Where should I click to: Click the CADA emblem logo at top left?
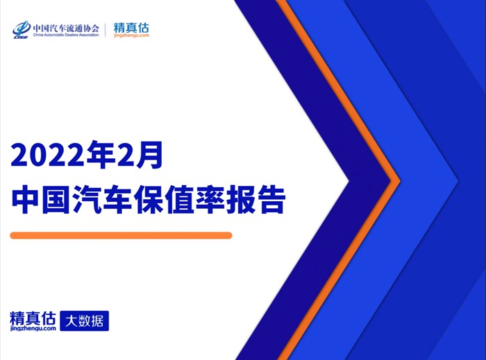(21, 30)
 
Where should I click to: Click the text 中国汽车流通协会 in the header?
(66, 28)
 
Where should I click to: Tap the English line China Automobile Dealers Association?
(66, 35)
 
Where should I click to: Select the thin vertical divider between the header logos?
(106, 30)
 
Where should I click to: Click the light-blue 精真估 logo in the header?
(131, 28)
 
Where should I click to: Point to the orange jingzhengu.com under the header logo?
(131, 35)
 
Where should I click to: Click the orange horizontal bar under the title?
(121, 235)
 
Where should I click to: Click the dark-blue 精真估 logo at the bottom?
(33, 318)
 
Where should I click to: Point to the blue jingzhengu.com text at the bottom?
(33, 328)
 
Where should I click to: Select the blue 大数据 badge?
(84, 320)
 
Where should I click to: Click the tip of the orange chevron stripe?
(400, 180)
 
